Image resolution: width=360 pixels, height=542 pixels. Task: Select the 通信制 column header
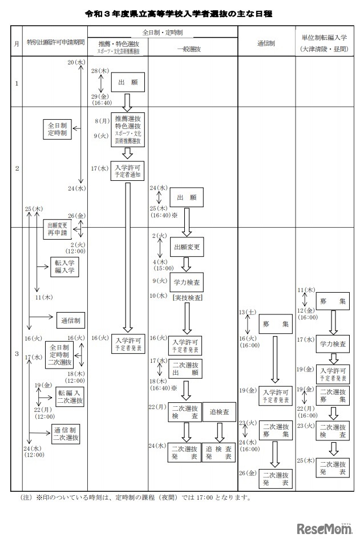click(x=266, y=44)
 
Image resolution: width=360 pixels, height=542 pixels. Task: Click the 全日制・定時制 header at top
click(x=163, y=33)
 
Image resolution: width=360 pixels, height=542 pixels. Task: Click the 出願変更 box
click(x=187, y=247)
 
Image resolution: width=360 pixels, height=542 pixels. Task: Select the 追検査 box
click(x=219, y=411)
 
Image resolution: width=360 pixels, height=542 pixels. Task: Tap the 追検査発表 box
click(x=219, y=452)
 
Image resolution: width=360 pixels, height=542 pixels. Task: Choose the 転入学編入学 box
click(x=64, y=265)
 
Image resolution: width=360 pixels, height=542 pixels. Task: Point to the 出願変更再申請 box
click(x=58, y=229)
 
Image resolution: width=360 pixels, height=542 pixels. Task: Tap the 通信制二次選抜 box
click(x=66, y=434)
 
